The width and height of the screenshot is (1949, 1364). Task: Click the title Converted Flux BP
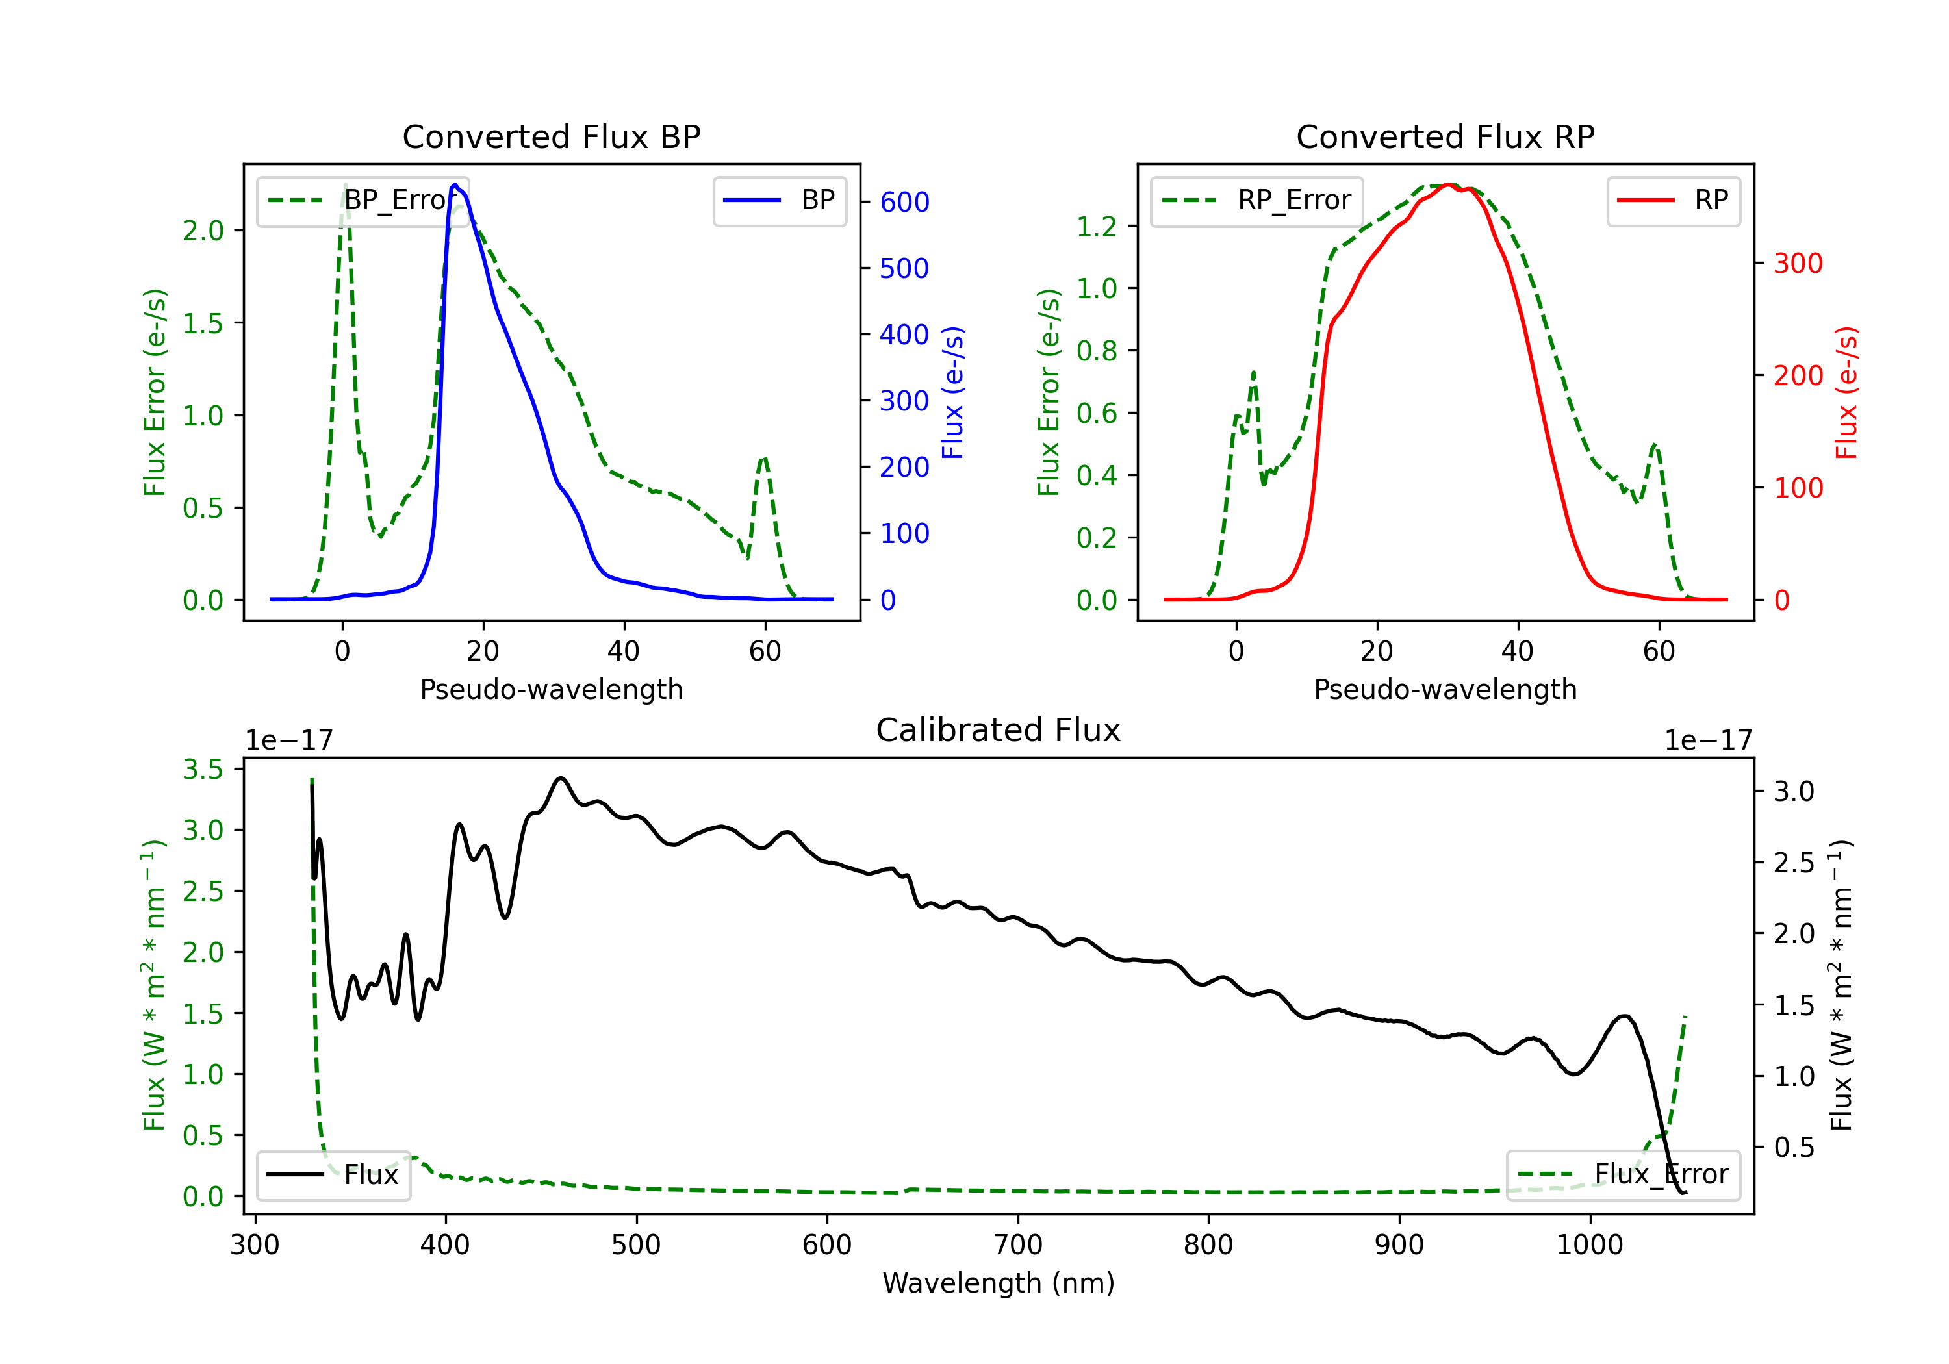click(x=551, y=136)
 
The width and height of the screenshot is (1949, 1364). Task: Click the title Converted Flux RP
click(x=1445, y=136)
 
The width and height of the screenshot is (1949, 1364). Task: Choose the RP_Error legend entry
click(x=1257, y=200)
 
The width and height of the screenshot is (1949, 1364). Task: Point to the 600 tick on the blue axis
click(x=904, y=202)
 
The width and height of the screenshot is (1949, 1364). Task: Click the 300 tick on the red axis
click(x=1798, y=263)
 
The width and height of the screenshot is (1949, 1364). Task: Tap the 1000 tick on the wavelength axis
click(x=1589, y=1245)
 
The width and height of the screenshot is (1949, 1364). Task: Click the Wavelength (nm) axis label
click(x=999, y=1283)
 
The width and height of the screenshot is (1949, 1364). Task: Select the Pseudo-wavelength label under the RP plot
click(x=1445, y=689)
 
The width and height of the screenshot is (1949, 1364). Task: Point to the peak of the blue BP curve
click(x=455, y=184)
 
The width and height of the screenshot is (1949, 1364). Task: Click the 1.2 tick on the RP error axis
click(x=1096, y=227)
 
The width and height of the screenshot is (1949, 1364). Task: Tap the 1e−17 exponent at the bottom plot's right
click(x=1708, y=740)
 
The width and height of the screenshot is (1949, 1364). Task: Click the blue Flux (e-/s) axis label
click(x=953, y=392)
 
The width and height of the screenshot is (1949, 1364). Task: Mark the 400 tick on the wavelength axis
click(x=446, y=1245)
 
